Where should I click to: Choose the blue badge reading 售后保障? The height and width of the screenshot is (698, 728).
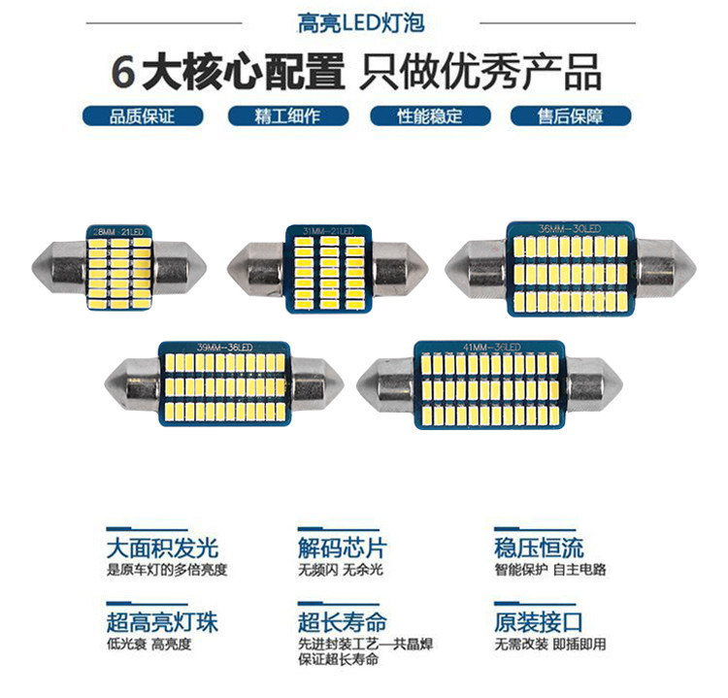point(571,116)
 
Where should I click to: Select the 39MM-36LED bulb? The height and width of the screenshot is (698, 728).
point(224,382)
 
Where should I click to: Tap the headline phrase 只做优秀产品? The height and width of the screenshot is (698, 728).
point(480,71)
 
